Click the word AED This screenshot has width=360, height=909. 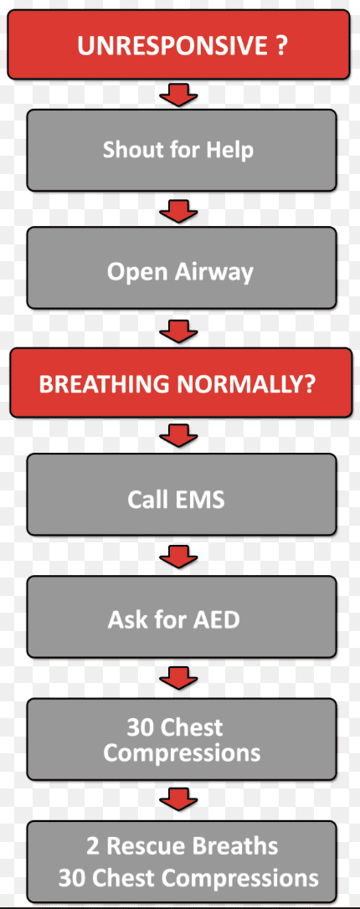[217, 620]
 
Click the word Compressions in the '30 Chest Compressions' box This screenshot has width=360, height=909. [182, 753]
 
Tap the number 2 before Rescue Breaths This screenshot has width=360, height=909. [93, 847]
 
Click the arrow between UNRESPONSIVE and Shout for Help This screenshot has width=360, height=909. [178, 95]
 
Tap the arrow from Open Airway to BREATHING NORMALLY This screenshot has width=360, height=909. [178, 331]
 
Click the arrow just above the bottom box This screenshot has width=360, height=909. [178, 798]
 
